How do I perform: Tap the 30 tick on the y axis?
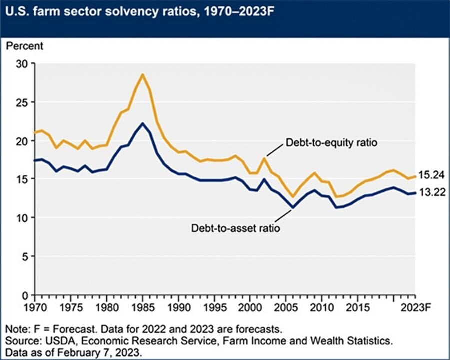(x=22, y=64)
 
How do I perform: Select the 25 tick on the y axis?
(x=22, y=102)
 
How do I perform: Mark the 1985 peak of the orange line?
(x=142, y=74)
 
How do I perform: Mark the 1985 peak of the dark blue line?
(x=142, y=123)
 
